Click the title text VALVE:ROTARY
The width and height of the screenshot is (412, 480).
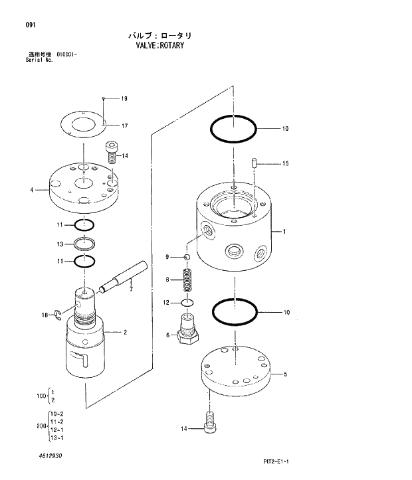click(159, 46)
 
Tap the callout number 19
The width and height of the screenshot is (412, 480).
click(124, 98)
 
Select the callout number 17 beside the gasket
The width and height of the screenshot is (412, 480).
click(124, 125)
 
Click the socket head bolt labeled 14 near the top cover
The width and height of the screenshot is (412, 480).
click(112, 152)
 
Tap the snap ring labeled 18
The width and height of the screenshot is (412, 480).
click(58, 315)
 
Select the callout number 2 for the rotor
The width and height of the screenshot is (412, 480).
click(124, 331)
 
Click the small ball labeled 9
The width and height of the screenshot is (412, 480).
click(187, 257)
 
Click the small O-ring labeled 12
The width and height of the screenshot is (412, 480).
click(187, 303)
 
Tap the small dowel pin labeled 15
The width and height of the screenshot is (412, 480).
click(255, 163)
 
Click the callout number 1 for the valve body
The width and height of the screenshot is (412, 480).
click(284, 232)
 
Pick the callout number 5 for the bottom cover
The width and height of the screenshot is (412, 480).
click(285, 374)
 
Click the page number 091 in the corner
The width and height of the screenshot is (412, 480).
click(31, 25)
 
